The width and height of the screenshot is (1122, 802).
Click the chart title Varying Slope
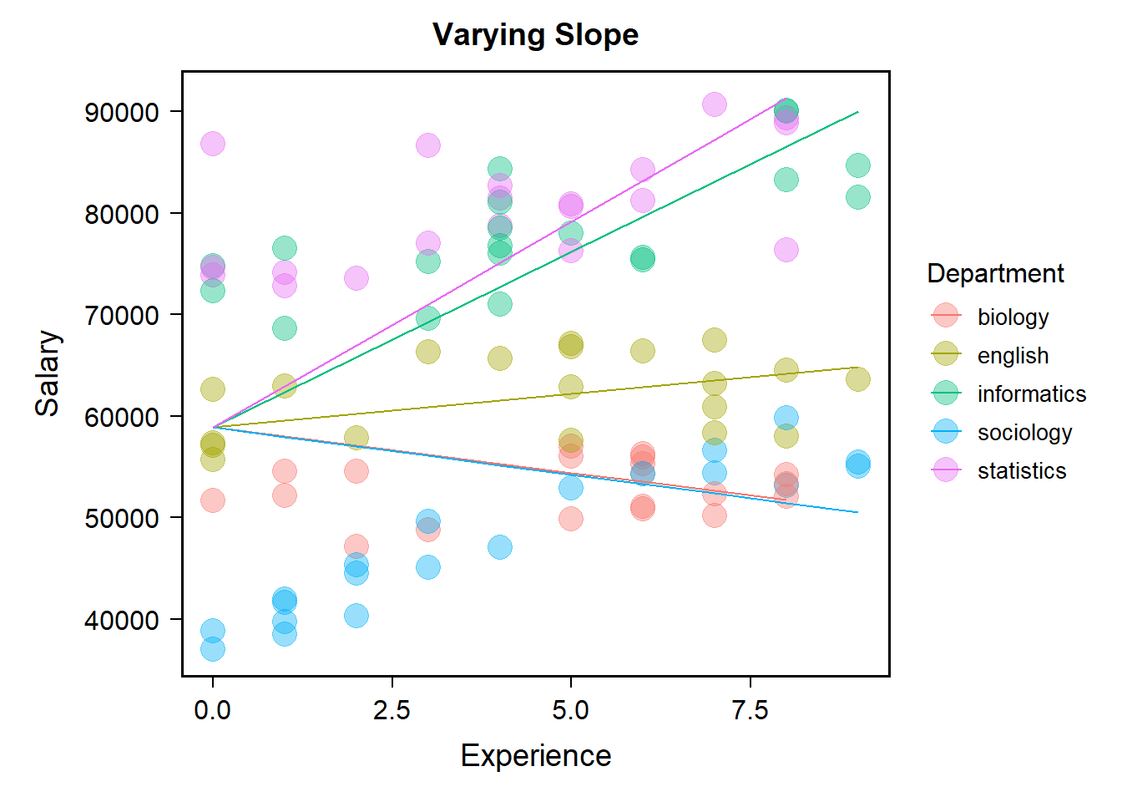pos(535,35)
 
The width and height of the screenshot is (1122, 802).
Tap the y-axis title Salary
pos(48,373)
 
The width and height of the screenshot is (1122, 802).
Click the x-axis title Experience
pos(535,755)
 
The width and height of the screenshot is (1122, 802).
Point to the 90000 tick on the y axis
pos(122,112)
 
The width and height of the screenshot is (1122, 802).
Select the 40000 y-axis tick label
pos(122,620)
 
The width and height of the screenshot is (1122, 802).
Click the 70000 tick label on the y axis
pos(122,316)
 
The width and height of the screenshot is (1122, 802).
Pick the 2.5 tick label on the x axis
pos(392,710)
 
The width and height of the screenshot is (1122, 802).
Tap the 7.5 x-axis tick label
pos(750,710)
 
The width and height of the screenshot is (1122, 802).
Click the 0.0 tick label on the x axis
pos(213,710)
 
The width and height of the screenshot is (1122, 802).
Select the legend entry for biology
pos(1013,317)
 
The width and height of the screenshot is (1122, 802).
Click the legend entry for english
pos(1013,355)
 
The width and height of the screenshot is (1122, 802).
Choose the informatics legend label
pos(1031,393)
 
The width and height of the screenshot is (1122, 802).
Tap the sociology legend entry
pos(1024,432)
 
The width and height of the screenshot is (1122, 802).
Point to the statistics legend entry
pos(1022,470)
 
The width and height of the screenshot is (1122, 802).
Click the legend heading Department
pos(995,273)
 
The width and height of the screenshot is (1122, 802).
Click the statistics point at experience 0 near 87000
pos(213,144)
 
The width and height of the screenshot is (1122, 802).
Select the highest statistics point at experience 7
pos(714,104)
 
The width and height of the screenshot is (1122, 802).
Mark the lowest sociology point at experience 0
pos(213,648)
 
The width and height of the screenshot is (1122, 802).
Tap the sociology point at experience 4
pos(499,547)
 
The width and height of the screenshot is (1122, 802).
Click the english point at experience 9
pos(857,379)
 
